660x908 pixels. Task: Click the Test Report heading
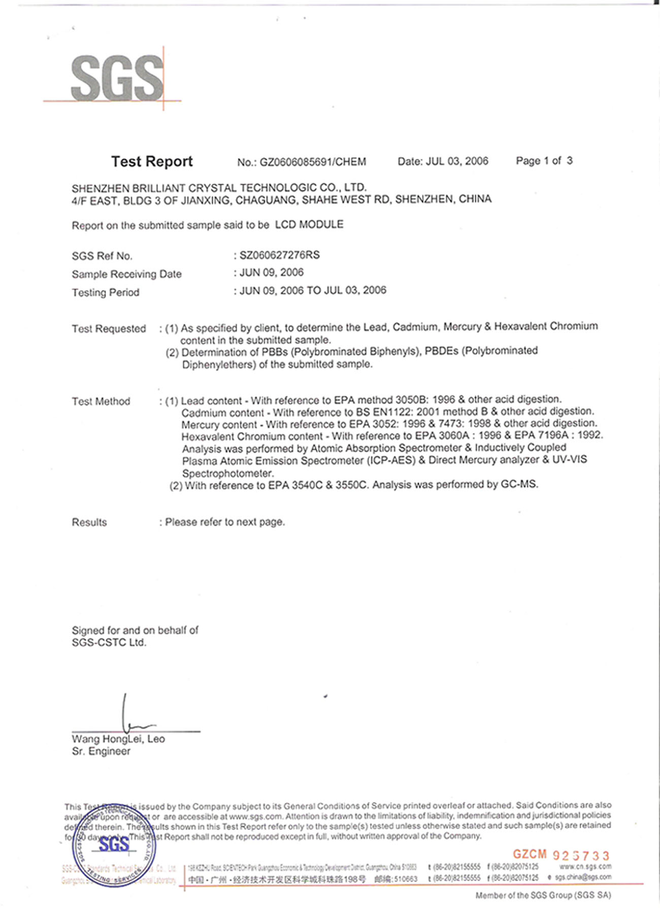click(x=152, y=161)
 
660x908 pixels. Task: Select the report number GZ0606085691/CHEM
click(x=313, y=162)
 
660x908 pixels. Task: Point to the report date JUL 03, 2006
click(x=457, y=161)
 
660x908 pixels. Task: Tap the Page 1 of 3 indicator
click(x=544, y=161)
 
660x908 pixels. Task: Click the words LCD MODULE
click(x=309, y=224)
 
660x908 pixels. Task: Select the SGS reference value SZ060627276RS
click(x=279, y=255)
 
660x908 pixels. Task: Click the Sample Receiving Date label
click(x=126, y=274)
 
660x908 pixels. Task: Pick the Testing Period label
click(x=105, y=292)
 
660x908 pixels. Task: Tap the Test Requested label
click(x=109, y=328)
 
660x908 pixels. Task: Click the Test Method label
click(x=101, y=401)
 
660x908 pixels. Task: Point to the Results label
click(x=89, y=522)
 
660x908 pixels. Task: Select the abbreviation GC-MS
click(x=518, y=484)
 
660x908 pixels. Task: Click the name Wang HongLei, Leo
click(x=118, y=739)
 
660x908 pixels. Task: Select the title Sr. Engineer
click(x=101, y=751)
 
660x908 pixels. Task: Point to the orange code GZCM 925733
click(x=560, y=855)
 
